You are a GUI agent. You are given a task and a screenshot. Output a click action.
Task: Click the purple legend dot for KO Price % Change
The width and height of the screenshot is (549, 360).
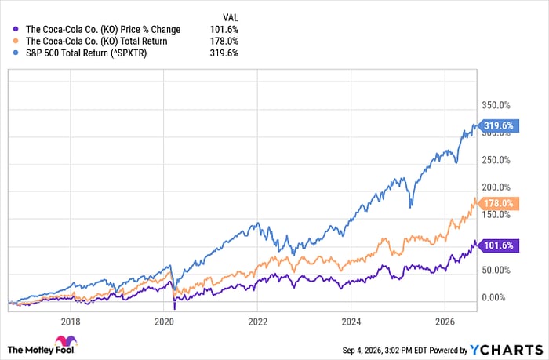[x=15, y=30]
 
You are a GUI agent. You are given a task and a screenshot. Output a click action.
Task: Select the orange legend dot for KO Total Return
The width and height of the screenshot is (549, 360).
[x=15, y=42]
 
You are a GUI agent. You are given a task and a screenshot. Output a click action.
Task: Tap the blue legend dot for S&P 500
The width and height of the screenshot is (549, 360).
[x=15, y=53]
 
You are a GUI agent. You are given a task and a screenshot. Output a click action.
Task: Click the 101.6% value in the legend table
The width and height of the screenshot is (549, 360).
[x=224, y=30]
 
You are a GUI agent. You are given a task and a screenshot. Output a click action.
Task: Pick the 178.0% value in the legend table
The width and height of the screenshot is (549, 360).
[x=224, y=42]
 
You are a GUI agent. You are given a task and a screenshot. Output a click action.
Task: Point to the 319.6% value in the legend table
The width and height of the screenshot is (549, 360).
[x=224, y=53]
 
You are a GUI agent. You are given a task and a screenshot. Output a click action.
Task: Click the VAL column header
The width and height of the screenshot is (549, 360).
[x=231, y=17]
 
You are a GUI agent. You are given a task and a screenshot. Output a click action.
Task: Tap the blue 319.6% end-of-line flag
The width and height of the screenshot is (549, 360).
[x=498, y=125]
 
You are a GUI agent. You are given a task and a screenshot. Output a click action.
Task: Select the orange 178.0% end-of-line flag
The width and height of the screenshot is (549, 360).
[x=498, y=203]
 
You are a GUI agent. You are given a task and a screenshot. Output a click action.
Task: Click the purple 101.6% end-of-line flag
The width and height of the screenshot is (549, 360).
[x=498, y=245]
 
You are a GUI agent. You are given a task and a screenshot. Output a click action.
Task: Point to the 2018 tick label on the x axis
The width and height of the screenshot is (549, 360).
[x=71, y=322]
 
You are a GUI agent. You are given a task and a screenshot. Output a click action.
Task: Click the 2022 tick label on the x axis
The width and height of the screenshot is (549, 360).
[x=258, y=322]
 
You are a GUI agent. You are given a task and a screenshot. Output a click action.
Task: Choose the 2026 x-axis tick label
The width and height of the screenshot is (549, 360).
[x=445, y=322]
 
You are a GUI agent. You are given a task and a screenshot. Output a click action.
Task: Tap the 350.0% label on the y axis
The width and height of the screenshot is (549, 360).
[x=496, y=105]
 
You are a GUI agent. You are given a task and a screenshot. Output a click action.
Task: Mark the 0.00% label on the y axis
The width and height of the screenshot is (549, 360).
[x=493, y=298]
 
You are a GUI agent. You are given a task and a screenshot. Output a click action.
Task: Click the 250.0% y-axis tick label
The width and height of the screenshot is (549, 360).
[x=496, y=160]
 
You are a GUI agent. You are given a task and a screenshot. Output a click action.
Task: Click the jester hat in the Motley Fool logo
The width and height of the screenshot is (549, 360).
[x=66, y=341]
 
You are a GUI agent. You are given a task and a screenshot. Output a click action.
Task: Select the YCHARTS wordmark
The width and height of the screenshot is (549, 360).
[x=507, y=350]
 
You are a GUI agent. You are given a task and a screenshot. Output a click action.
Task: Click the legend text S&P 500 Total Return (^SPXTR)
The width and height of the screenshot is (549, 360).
[x=86, y=53]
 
